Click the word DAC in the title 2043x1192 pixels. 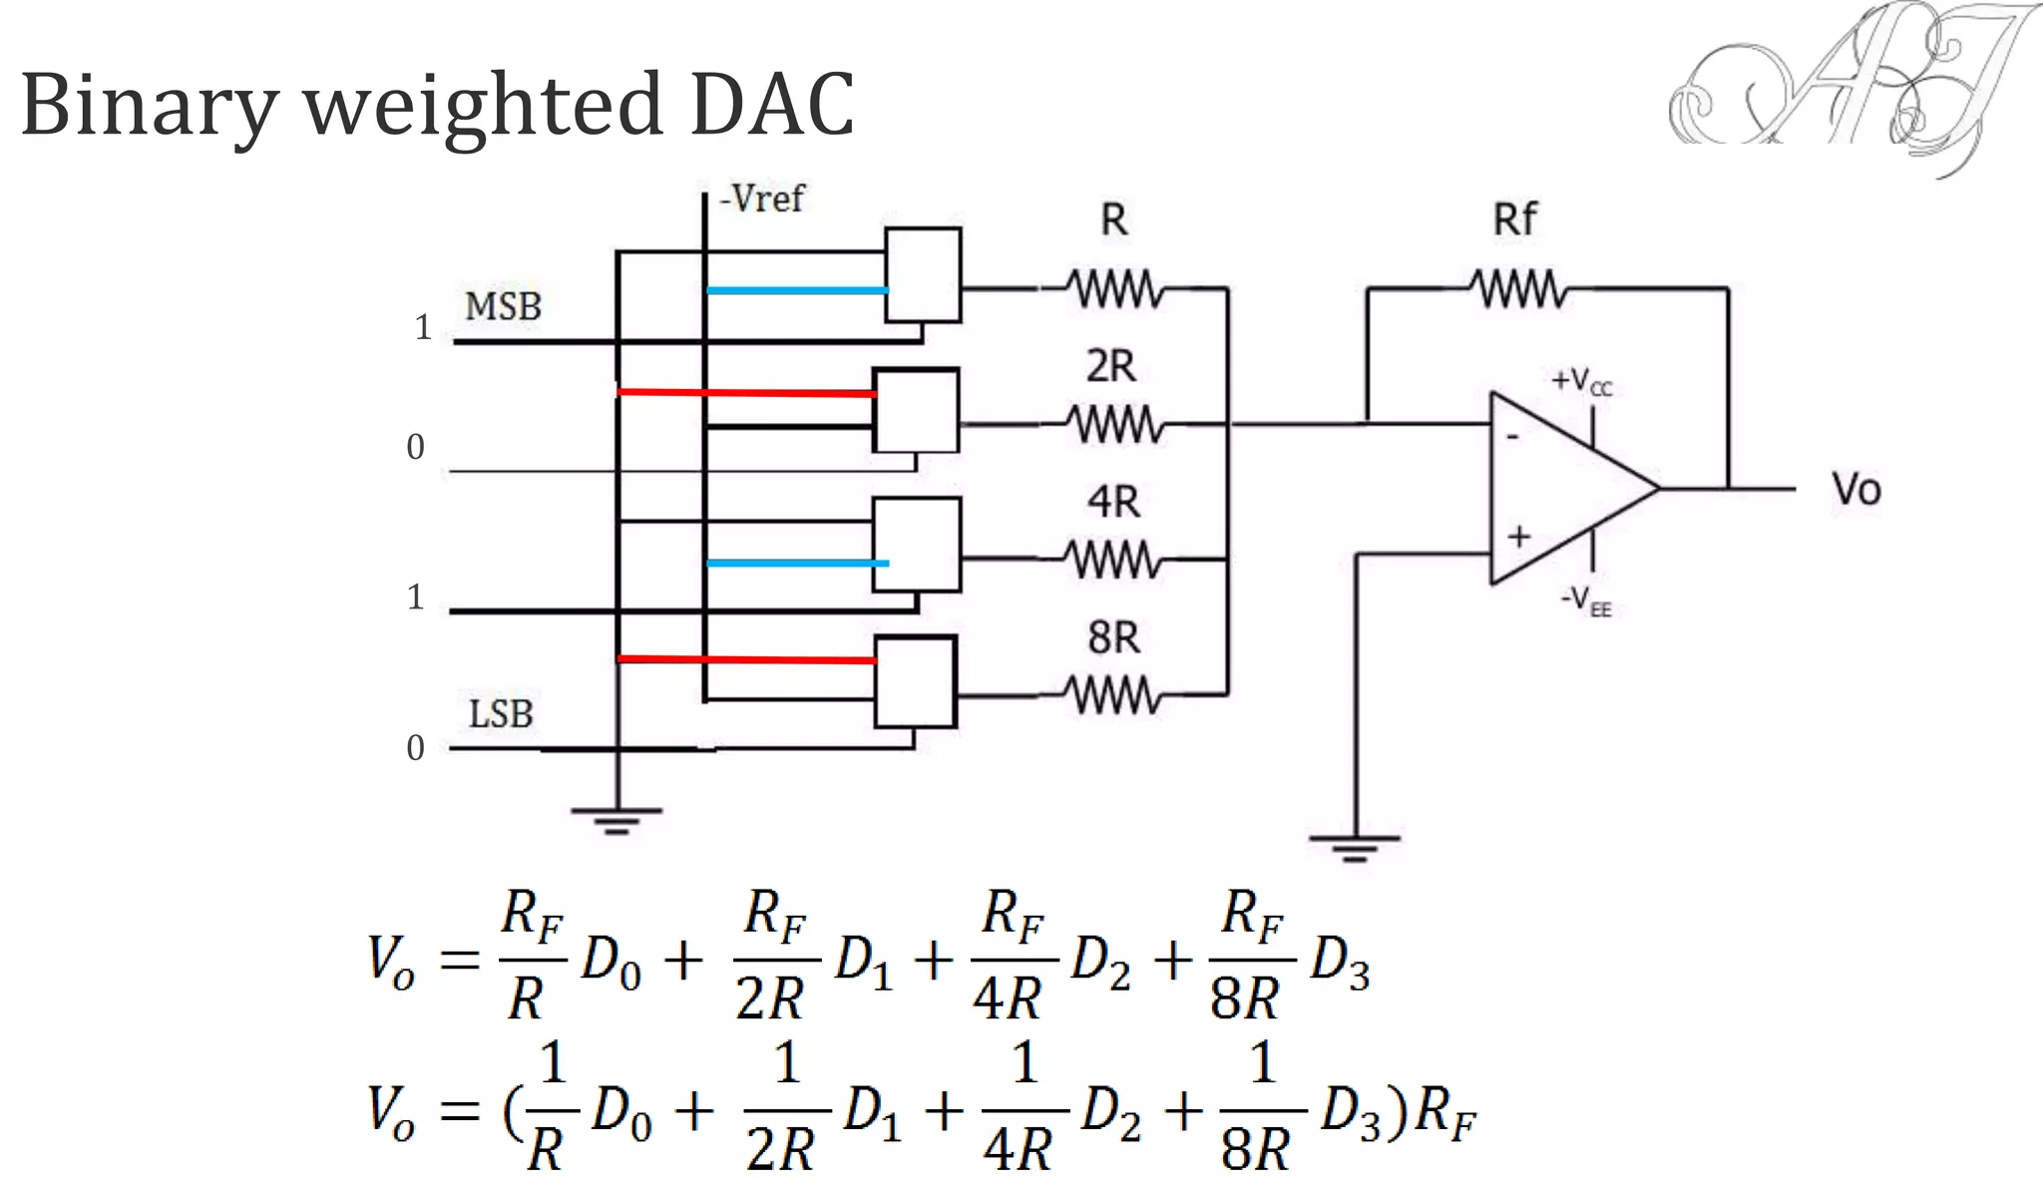(771, 105)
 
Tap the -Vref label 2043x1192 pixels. (763, 199)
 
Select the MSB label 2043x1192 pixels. (503, 306)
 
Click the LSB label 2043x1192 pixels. (501, 714)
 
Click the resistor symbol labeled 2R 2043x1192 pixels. (1113, 425)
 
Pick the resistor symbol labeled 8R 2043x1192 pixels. (1113, 695)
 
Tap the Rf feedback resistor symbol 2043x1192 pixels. (1517, 289)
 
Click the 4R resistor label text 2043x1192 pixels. (1113, 501)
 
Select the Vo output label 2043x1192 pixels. (1855, 490)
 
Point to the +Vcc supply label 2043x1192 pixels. (1582, 381)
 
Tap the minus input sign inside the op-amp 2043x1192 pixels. (1513, 437)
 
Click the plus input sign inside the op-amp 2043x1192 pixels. (1518, 537)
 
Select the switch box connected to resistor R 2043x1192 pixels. (924, 275)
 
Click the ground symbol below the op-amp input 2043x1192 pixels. (1354, 847)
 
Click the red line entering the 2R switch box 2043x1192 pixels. (746, 393)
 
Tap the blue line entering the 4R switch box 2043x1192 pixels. (796, 564)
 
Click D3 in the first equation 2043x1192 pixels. (1340, 963)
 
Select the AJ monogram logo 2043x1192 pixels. (1845, 85)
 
